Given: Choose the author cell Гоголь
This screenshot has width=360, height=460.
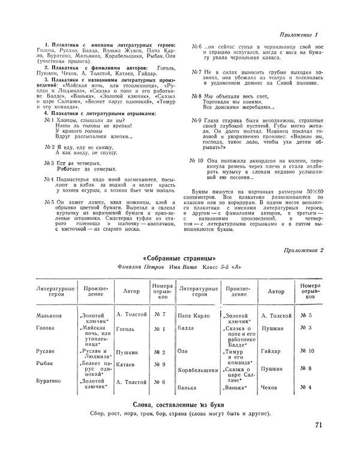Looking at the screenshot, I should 127,328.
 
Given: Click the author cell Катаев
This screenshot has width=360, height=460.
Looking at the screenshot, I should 127,364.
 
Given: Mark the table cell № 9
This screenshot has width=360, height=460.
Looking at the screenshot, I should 160,364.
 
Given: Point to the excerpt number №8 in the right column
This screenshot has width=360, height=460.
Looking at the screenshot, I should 196,96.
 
